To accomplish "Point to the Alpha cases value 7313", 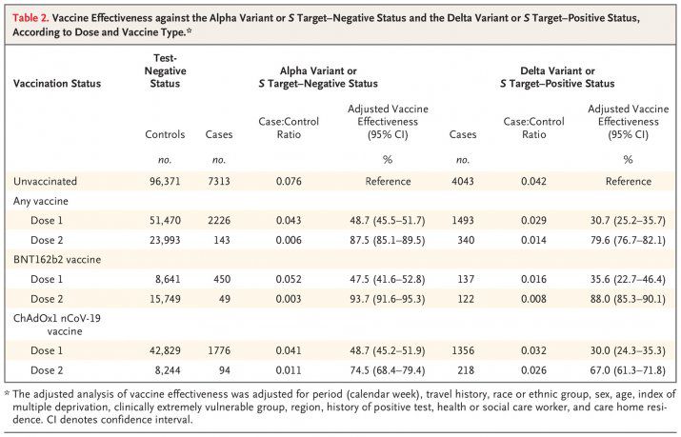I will click(x=219, y=180).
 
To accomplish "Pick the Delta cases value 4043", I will click(x=461, y=180).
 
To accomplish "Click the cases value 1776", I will click(x=219, y=350).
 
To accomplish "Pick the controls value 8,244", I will click(x=168, y=369).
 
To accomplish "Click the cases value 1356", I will click(x=461, y=350).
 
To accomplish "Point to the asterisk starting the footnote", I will click(x=8, y=393).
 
